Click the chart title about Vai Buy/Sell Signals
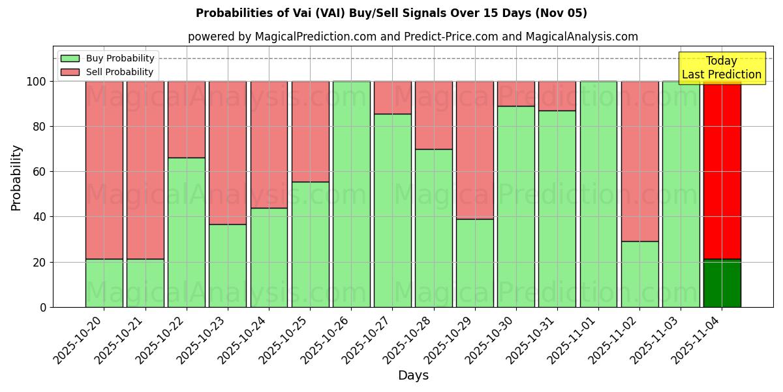pyautogui.click(x=391, y=13)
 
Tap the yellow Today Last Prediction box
pyautogui.click(x=721, y=68)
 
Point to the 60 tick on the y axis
pyautogui.click(x=40, y=172)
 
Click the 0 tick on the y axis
pyautogui.click(x=43, y=307)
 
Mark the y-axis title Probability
pyautogui.click(x=16, y=178)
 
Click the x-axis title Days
pyautogui.click(x=413, y=376)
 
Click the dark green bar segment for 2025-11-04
pyautogui.click(x=722, y=284)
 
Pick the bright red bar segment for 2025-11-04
pyautogui.click(x=722, y=170)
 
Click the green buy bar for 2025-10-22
pyautogui.click(x=187, y=232)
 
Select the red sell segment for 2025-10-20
pyautogui.click(x=104, y=170)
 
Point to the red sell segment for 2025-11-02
pyautogui.click(x=639, y=161)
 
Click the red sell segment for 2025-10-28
pyautogui.click(x=434, y=115)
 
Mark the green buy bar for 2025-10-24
pyautogui.click(x=269, y=257)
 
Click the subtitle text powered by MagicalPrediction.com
pyautogui.click(x=412, y=37)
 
